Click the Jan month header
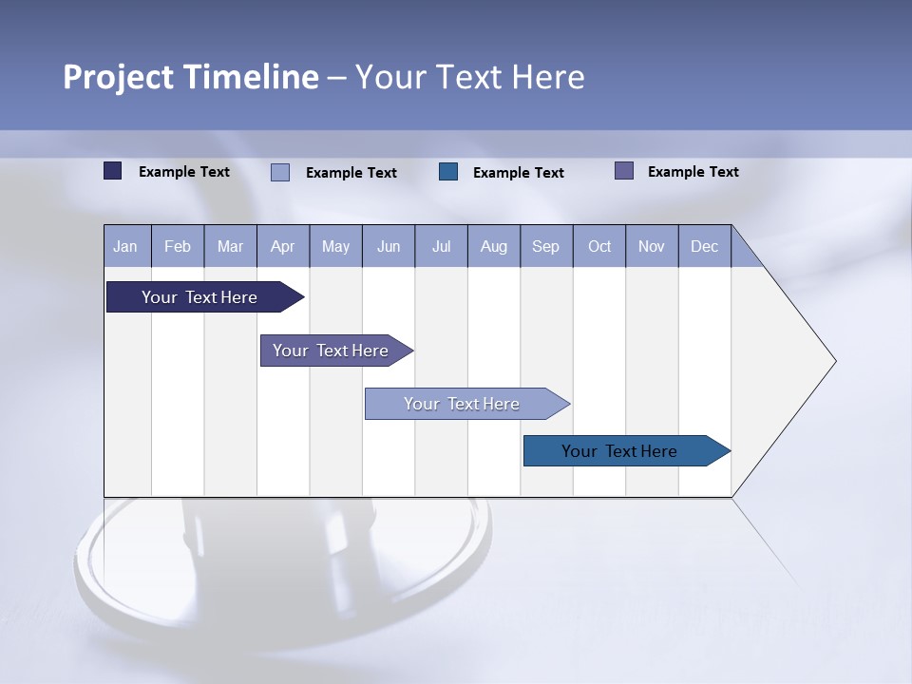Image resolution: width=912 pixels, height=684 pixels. [125, 246]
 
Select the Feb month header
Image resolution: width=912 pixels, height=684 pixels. [178, 246]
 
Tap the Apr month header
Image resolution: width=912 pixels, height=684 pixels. [282, 246]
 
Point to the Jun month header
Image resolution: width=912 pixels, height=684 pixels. [389, 246]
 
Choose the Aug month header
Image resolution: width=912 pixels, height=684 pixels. [494, 246]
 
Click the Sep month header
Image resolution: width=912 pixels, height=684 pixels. [546, 246]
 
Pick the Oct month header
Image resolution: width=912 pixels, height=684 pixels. [599, 246]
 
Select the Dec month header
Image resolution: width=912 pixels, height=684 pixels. [705, 246]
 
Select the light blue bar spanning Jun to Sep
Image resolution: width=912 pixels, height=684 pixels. [463, 404]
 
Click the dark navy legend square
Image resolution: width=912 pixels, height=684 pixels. [113, 171]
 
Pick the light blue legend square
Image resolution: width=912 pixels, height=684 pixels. [280, 172]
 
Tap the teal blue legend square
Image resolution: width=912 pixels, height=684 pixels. [448, 172]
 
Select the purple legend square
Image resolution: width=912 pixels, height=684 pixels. [624, 171]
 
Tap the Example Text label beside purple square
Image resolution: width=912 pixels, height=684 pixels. [693, 171]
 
